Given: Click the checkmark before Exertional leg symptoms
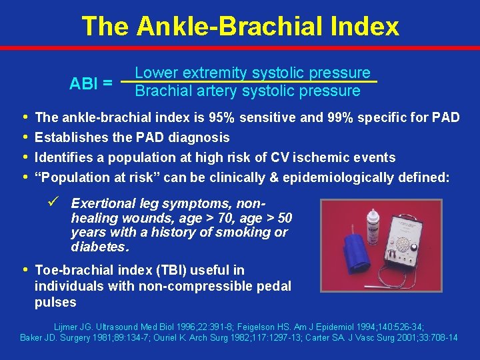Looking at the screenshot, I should point(57,202).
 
